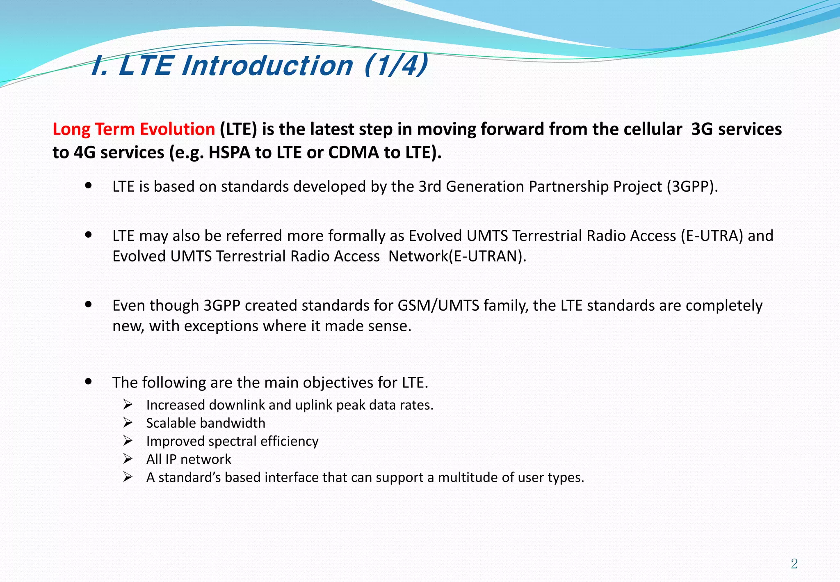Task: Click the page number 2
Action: point(794,564)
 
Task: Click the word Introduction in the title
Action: point(267,66)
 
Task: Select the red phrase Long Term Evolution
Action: point(134,129)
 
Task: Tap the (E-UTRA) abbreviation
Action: point(712,236)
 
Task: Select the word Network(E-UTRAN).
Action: point(457,257)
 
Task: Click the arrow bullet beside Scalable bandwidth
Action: point(128,423)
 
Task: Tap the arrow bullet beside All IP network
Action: point(128,459)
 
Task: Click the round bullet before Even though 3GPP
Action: point(88,305)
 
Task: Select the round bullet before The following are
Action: point(88,381)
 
